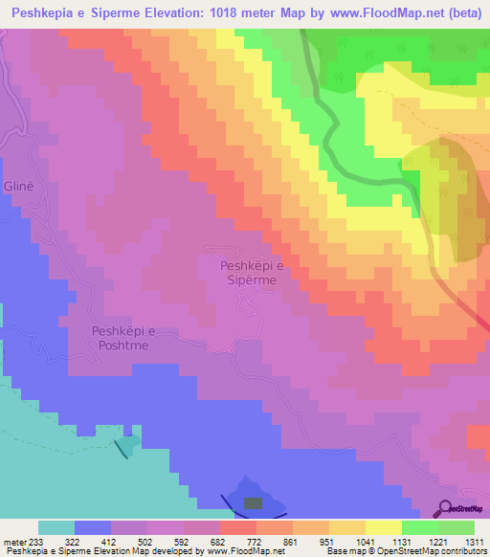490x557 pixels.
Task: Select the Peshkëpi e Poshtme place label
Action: point(122,338)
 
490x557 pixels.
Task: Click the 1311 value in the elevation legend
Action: point(473,541)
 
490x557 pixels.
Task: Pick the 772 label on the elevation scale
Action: point(255,541)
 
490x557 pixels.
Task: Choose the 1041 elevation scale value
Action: point(365,541)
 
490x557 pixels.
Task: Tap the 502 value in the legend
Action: point(146,541)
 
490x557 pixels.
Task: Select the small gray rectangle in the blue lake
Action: point(253,502)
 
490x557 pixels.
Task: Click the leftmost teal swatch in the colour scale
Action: point(56,527)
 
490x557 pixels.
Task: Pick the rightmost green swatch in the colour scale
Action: point(457,527)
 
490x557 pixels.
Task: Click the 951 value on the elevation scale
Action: point(328,541)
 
